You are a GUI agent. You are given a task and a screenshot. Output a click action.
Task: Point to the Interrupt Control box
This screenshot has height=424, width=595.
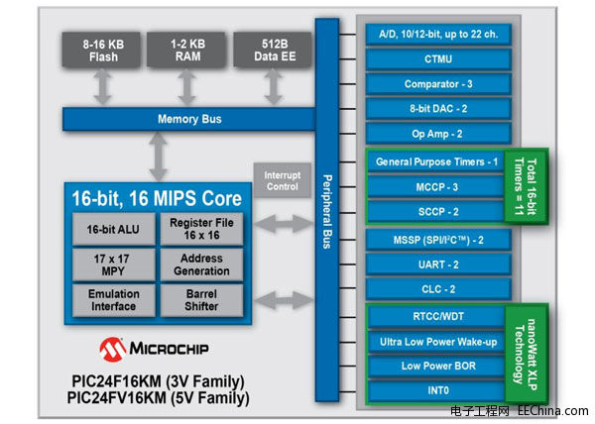click(x=282, y=181)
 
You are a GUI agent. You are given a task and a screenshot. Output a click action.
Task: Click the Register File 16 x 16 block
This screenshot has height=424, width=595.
click(x=201, y=230)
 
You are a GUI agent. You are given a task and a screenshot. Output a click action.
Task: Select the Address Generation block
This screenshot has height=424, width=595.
click(x=201, y=265)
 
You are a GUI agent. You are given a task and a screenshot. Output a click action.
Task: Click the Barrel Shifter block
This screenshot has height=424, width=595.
click(x=201, y=299)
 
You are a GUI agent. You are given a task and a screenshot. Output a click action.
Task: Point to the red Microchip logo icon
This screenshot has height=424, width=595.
click(x=112, y=348)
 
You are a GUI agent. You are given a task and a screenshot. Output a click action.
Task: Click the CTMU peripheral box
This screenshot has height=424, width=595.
click(x=438, y=59)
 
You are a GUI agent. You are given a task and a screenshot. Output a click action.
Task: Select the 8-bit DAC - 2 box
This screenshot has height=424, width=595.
click(x=438, y=108)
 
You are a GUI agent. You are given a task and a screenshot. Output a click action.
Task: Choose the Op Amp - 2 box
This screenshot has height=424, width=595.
click(x=438, y=133)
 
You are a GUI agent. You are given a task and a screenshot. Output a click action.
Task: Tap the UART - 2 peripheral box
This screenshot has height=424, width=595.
click(x=438, y=264)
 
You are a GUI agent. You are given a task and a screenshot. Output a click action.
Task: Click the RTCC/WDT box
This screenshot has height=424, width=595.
click(x=438, y=317)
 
